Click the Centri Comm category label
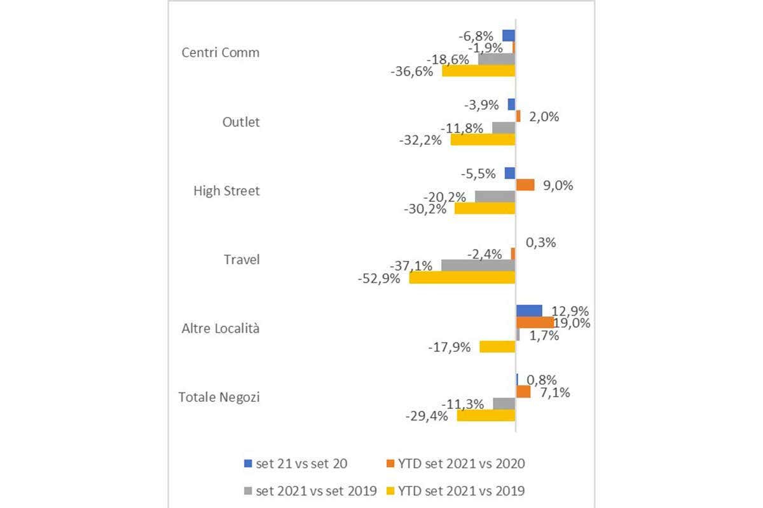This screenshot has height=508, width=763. [221, 53]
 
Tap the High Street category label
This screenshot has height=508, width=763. [226, 190]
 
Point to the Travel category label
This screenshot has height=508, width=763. [242, 260]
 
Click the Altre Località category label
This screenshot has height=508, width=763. [221, 329]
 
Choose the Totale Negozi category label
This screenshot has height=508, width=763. [219, 398]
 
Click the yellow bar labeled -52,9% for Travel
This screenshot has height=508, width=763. [462, 277]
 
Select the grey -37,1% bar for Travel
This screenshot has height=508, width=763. [478, 265]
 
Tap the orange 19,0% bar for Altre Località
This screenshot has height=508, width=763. [534, 323]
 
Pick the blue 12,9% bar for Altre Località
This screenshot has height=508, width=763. [529, 311]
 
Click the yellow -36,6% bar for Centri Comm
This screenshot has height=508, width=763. [478, 70]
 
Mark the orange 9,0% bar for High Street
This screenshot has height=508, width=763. [525, 185]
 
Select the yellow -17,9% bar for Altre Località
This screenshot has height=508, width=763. [497, 346]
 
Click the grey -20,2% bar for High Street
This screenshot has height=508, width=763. [495, 196]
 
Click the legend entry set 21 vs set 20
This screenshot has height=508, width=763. [301, 464]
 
